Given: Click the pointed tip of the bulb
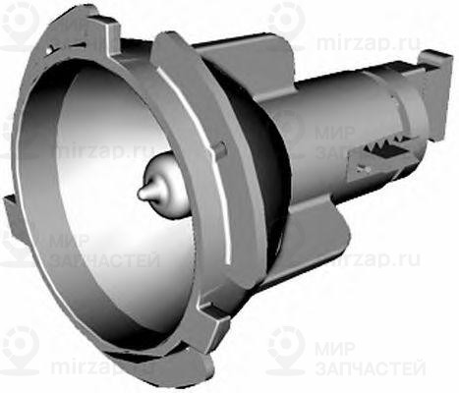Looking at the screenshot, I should (x=142, y=193).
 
